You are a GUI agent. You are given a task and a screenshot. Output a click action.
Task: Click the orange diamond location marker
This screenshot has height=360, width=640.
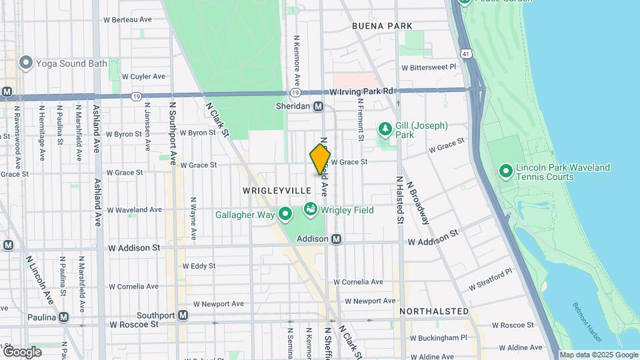point(320,160)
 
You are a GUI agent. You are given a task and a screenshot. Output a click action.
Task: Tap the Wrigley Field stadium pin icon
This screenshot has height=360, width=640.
point(310,210)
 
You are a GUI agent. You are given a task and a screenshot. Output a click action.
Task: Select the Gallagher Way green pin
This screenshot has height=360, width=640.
point(285,214)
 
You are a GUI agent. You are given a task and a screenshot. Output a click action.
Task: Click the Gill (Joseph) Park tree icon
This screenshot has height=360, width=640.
point(385,128)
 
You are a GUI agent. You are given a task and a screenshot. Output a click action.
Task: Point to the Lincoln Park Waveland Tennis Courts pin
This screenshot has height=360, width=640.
point(505,171)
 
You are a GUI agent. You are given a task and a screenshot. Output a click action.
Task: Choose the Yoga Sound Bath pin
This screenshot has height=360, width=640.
point(26,63)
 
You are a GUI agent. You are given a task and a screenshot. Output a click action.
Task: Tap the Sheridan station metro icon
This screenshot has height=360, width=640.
point(318,106)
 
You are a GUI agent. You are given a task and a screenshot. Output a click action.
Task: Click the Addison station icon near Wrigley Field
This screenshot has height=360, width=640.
point(337,239)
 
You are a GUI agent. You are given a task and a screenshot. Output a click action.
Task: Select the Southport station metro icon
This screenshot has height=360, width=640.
point(183,315)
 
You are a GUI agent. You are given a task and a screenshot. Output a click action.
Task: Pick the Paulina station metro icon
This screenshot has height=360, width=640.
point(64,317)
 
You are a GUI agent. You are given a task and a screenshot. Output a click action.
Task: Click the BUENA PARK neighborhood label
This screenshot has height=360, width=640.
point(382,26)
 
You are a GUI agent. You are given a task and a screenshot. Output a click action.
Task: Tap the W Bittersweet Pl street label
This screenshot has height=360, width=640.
point(427,67)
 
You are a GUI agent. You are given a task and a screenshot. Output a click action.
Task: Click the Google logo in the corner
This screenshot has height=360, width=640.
point(21,351)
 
